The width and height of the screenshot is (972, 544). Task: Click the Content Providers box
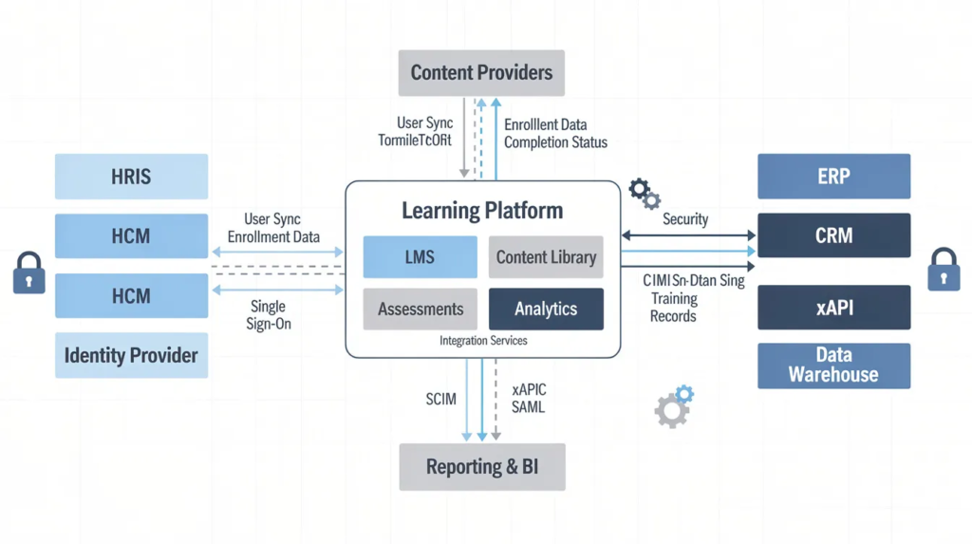pyautogui.click(x=481, y=72)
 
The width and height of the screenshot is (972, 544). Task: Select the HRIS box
pyautogui.click(x=131, y=177)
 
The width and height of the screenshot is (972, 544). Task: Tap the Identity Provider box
pyautogui.click(x=131, y=356)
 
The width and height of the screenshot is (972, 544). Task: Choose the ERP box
pyautogui.click(x=833, y=177)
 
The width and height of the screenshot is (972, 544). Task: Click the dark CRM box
pyautogui.click(x=833, y=235)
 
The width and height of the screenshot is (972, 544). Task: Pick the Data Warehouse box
pyautogui.click(x=833, y=366)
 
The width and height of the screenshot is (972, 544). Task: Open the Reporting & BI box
pyautogui.click(x=481, y=467)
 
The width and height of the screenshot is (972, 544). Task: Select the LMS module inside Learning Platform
pyautogui.click(x=420, y=257)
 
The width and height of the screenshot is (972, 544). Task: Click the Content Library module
pyautogui.click(x=546, y=257)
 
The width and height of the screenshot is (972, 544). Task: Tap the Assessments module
pyautogui.click(x=420, y=310)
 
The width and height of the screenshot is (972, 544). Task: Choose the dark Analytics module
pyautogui.click(x=546, y=310)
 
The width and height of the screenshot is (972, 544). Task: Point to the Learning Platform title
pyautogui.click(x=482, y=211)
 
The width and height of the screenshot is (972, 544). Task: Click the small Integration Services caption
pyautogui.click(x=483, y=341)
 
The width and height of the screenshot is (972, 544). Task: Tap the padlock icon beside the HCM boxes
pyautogui.click(x=28, y=273)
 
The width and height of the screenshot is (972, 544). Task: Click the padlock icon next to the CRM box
pyautogui.click(x=944, y=270)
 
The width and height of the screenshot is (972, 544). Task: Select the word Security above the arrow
pyautogui.click(x=685, y=219)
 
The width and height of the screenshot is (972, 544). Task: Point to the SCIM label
pyautogui.click(x=440, y=400)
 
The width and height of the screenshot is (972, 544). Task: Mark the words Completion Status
pyautogui.click(x=555, y=142)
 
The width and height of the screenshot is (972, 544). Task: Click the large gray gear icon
pyautogui.click(x=670, y=411)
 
